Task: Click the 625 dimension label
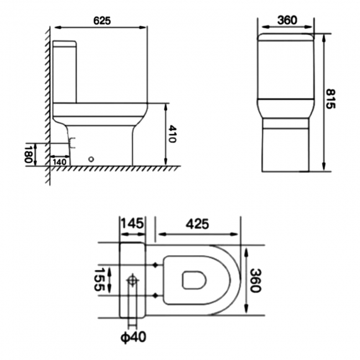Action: (x=102, y=20)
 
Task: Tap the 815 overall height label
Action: (x=330, y=99)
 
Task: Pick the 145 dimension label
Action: (x=133, y=224)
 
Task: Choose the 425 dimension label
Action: (x=197, y=224)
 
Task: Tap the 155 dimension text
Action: (x=100, y=280)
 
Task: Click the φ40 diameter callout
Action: (x=134, y=337)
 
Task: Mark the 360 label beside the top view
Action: (x=255, y=280)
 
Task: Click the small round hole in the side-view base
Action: (x=91, y=158)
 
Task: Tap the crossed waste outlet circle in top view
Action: (x=133, y=281)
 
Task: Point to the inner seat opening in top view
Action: (x=193, y=280)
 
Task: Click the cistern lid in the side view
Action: (x=65, y=43)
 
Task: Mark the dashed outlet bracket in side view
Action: (x=70, y=144)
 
